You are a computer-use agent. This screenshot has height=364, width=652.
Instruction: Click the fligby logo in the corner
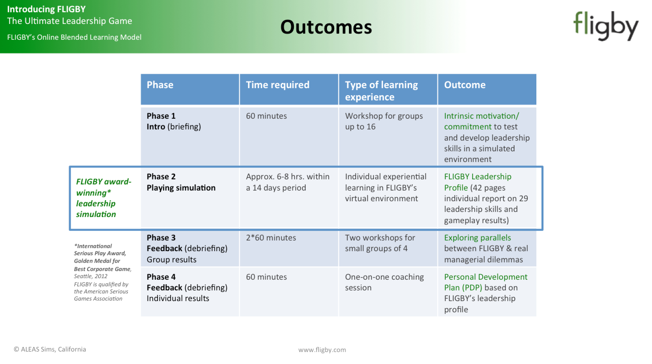click(606, 26)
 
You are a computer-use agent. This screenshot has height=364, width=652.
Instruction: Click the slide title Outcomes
click(326, 27)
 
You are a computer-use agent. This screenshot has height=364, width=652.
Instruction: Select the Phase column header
click(190, 89)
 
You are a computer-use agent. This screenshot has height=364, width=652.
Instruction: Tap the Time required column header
click(289, 89)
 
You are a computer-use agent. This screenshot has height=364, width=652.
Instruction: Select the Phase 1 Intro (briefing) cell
click(190, 136)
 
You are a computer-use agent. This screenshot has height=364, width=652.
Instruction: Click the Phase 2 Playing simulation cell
click(190, 197)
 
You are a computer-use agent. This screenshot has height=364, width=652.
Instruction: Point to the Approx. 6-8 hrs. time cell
click(289, 197)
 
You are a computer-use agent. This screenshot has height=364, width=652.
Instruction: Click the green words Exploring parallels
click(478, 238)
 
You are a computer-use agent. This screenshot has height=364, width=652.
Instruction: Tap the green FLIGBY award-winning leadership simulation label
click(104, 198)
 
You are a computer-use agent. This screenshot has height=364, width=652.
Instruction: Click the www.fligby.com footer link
click(322, 350)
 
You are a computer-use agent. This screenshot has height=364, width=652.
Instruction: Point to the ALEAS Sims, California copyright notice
click(50, 349)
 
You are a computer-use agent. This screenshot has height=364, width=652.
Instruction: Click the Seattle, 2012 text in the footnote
click(91, 276)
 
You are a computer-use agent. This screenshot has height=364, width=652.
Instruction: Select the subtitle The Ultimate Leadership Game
click(70, 21)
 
